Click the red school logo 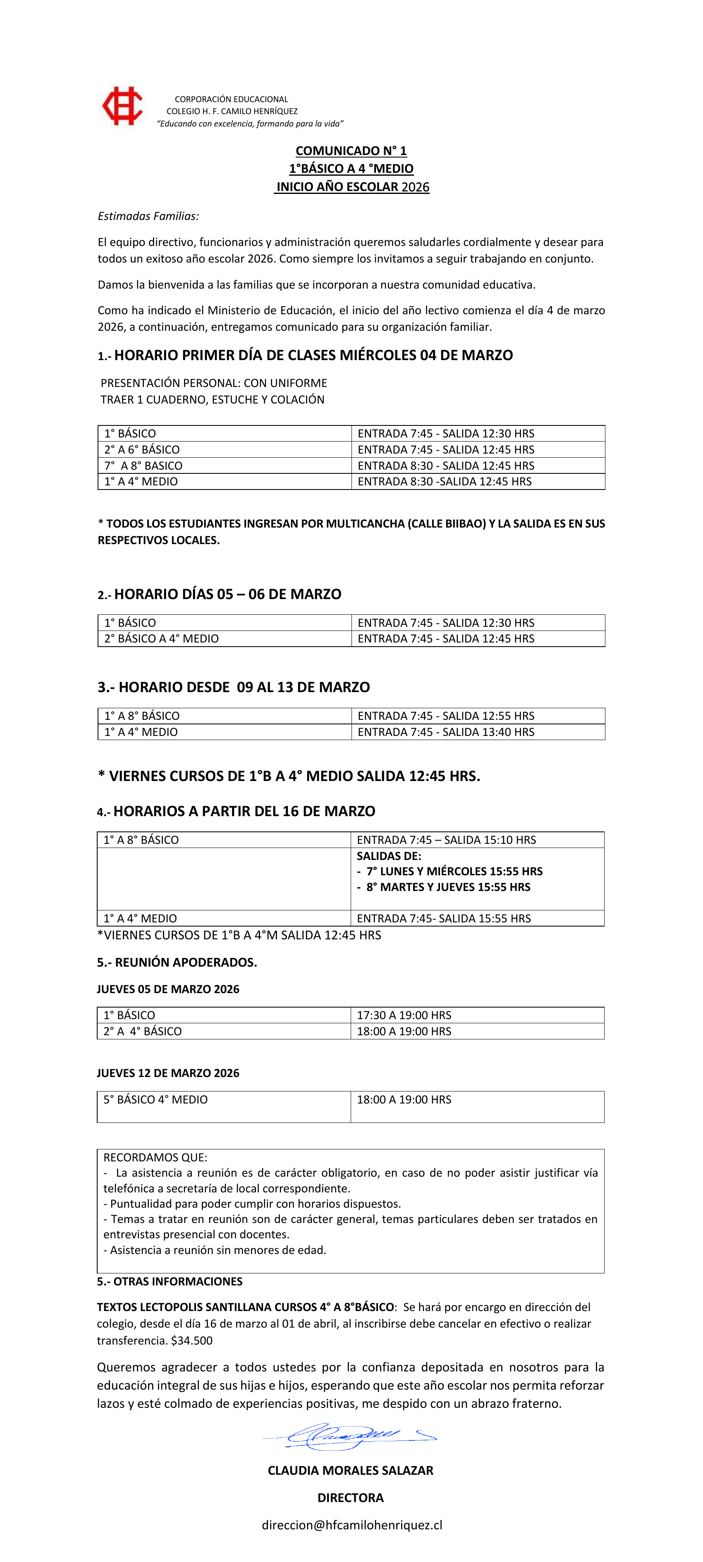(x=122, y=106)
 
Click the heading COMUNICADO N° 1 (x=351, y=150)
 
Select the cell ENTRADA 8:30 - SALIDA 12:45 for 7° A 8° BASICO (x=446, y=466)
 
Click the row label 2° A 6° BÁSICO (x=142, y=449)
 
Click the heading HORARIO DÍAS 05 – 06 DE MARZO (x=227, y=594)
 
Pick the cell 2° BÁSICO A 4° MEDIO (x=161, y=638)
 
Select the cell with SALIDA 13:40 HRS (x=446, y=732)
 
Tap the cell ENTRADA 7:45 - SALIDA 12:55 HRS (x=446, y=716)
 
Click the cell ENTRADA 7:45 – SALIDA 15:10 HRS (x=447, y=840)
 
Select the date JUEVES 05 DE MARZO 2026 (x=168, y=989)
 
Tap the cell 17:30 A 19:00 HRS (x=404, y=1015)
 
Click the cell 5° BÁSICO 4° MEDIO (x=155, y=1099)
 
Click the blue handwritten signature (x=349, y=1435)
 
